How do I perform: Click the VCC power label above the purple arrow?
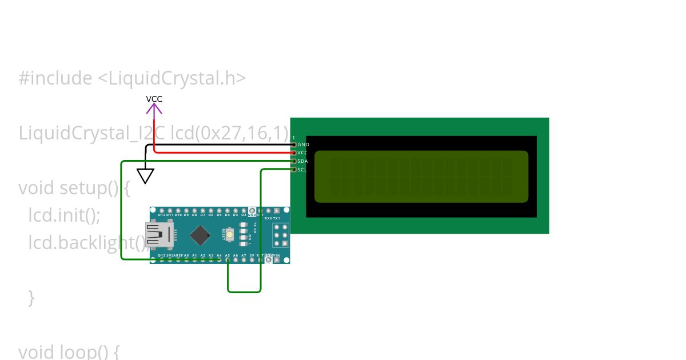pyautogui.click(x=154, y=99)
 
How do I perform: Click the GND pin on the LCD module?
pyautogui.click(x=294, y=145)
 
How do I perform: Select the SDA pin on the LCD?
pyautogui.click(x=294, y=161)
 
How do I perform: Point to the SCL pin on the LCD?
pyautogui.click(x=294, y=169)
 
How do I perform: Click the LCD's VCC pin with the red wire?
pyautogui.click(x=294, y=153)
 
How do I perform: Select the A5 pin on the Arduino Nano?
pyautogui.click(x=228, y=259)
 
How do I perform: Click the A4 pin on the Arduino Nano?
pyautogui.click(x=220, y=259)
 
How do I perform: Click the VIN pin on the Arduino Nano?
pyautogui.click(x=277, y=259)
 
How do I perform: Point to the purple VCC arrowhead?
pyautogui.click(x=154, y=107)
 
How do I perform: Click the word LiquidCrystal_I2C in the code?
pyautogui.click(x=92, y=133)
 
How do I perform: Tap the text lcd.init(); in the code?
pyautogui.click(x=65, y=215)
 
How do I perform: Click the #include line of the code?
pyautogui.click(x=132, y=78)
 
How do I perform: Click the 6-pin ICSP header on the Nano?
pyautogui.click(x=280, y=235)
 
